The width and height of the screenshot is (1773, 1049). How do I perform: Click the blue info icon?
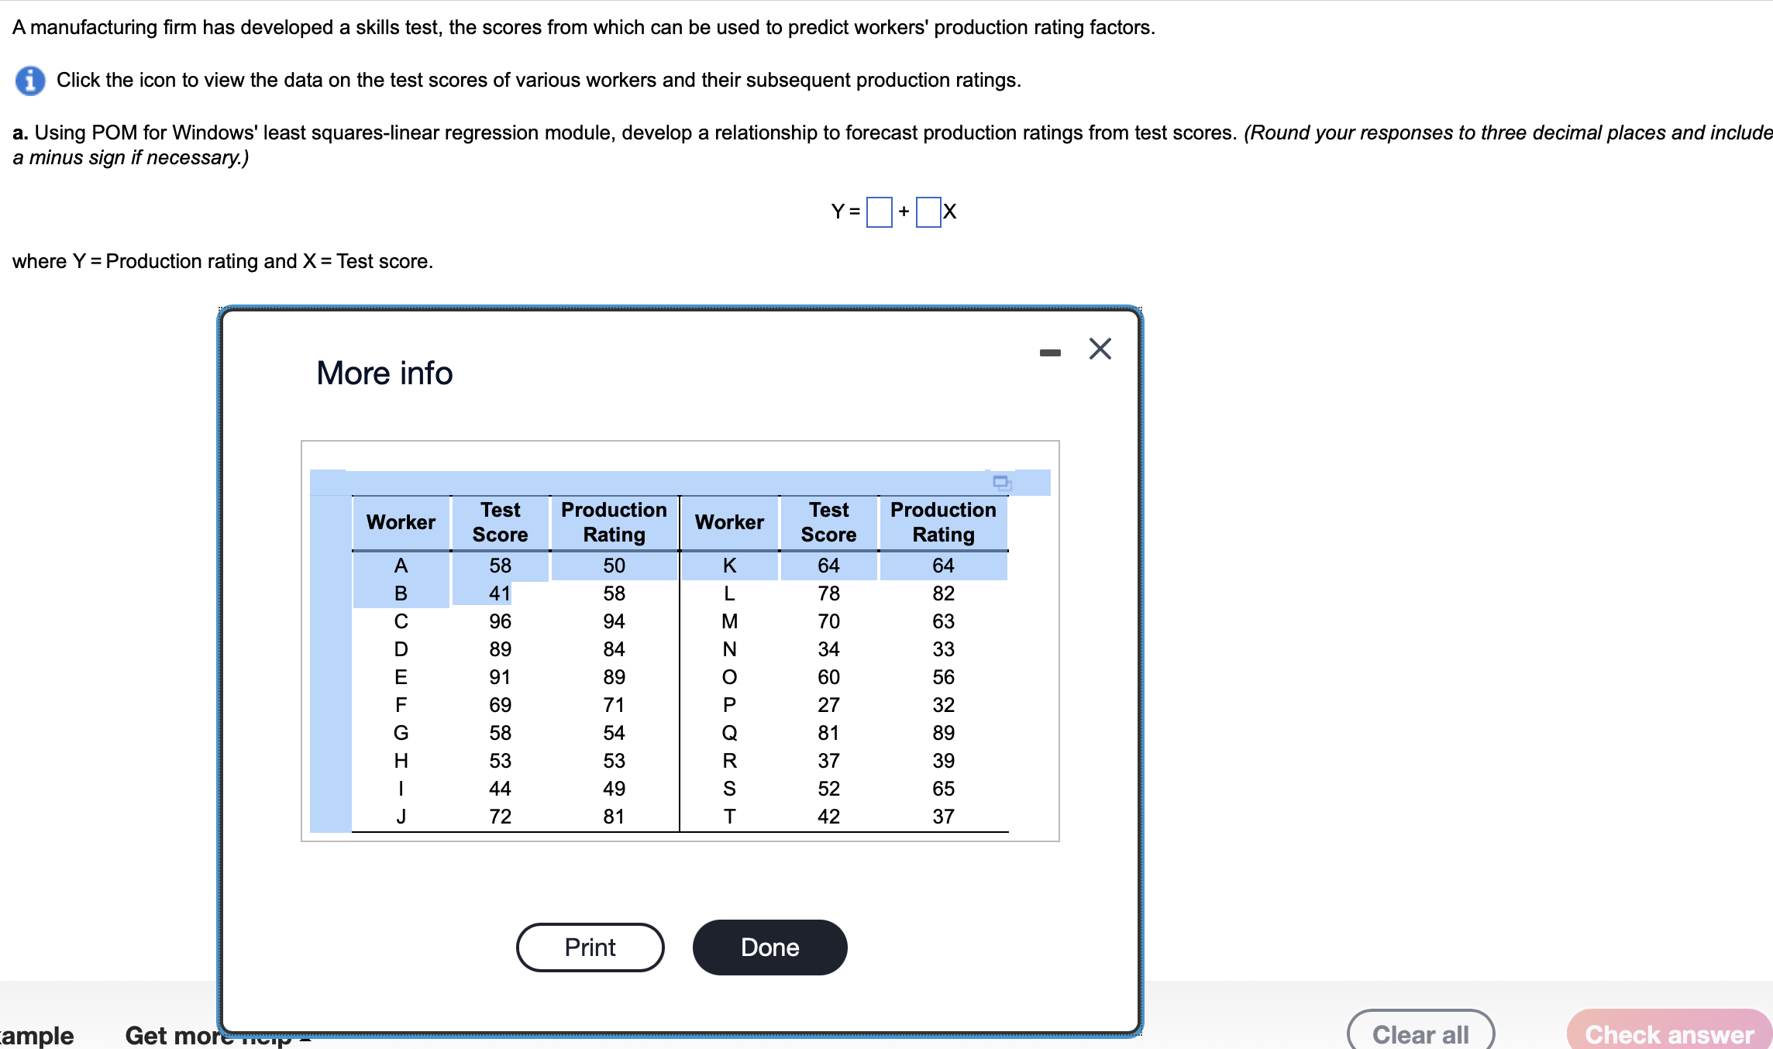[30, 81]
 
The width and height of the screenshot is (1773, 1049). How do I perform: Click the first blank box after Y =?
[879, 212]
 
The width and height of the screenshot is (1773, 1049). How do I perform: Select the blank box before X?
[928, 212]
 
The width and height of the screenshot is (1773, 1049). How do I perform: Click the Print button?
[590, 947]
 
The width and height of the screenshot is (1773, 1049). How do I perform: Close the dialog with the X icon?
[1100, 349]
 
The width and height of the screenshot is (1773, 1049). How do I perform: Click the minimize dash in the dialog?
[1050, 353]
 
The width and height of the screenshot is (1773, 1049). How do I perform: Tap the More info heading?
[384, 373]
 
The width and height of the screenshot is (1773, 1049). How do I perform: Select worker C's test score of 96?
[500, 621]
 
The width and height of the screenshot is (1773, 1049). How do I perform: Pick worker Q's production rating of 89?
[943, 733]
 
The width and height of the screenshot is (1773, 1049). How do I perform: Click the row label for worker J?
[401, 817]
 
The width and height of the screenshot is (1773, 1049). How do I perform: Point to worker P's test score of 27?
[828, 705]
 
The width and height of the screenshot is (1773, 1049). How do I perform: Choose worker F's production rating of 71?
[614, 705]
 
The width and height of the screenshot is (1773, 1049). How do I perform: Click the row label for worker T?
[729, 817]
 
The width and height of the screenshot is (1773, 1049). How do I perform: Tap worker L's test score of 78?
[828, 593]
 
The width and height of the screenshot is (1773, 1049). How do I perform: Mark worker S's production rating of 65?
[943, 789]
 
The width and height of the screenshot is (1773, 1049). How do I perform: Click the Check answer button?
[1668, 1034]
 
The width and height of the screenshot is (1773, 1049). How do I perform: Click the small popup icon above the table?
[1002, 483]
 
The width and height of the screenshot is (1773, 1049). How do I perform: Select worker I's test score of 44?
[500, 789]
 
